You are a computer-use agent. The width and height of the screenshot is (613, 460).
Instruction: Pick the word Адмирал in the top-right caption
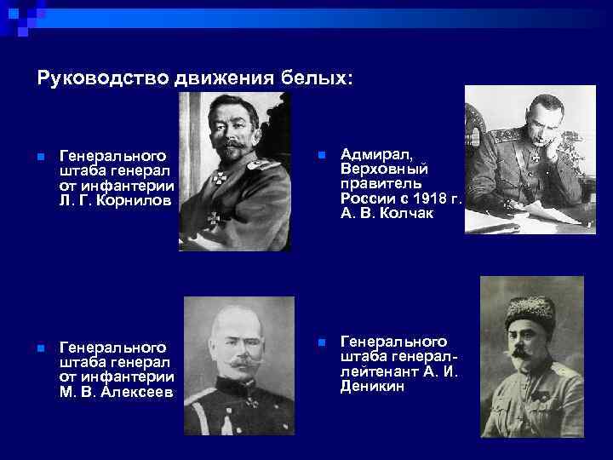pyautogui.click(x=375, y=153)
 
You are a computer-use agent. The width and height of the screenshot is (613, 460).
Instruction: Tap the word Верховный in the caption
pyautogui.click(x=384, y=170)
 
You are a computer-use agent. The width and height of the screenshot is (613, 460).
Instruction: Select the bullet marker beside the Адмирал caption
pyautogui.click(x=321, y=155)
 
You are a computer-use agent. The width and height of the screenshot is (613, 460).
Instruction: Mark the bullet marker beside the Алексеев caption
pyautogui.click(x=40, y=348)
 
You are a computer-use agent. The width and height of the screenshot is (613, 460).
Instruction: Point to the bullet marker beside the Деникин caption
pyautogui.click(x=321, y=342)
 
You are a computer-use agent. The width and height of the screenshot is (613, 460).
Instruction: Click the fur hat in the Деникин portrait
pyautogui.click(x=530, y=309)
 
